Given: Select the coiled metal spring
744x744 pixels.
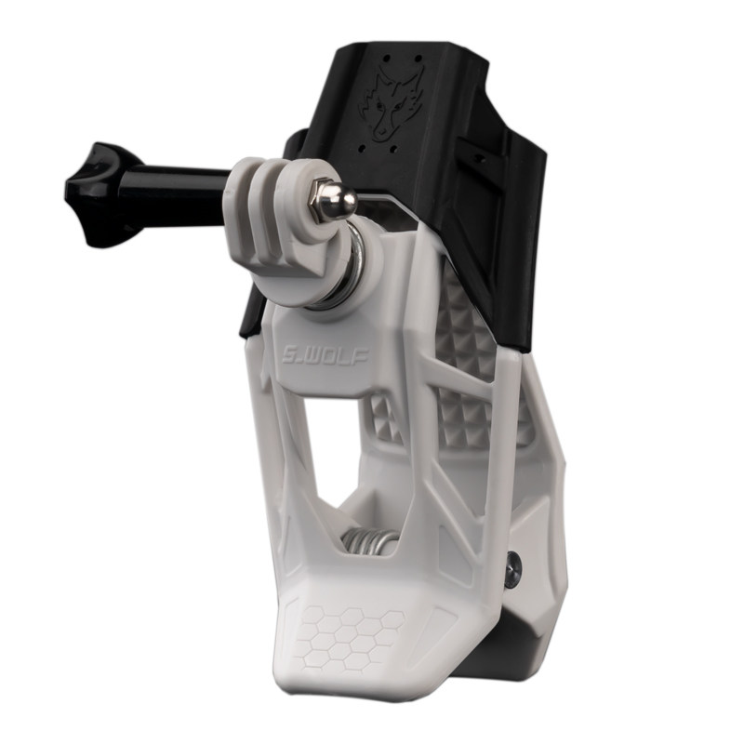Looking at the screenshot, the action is pyautogui.click(x=371, y=543).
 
